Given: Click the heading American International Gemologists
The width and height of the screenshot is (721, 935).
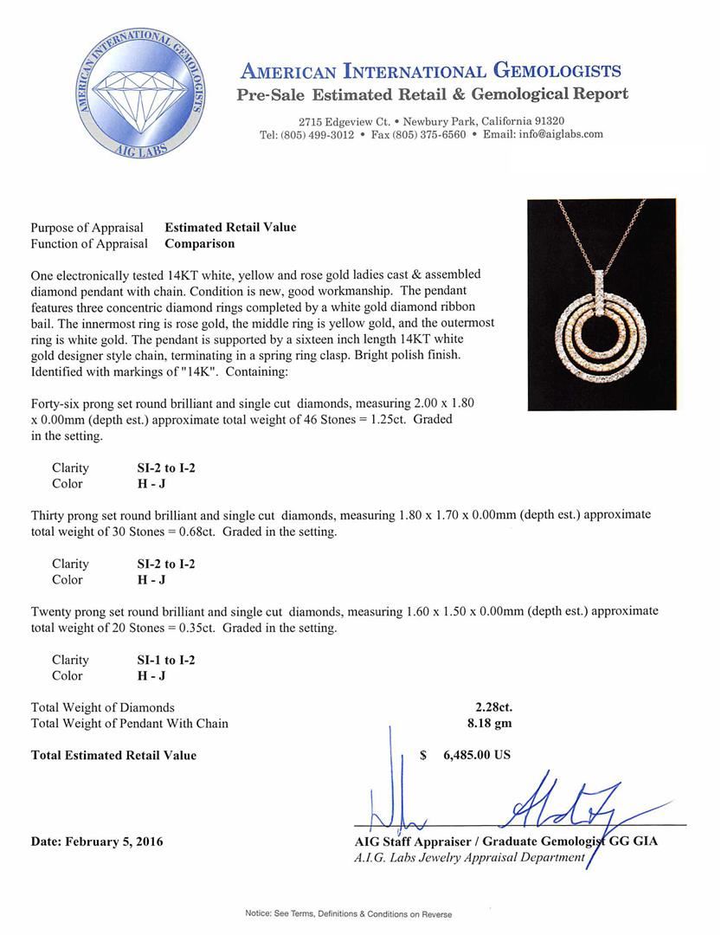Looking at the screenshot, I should click(430, 71).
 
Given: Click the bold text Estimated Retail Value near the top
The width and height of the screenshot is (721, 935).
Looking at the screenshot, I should click(230, 228).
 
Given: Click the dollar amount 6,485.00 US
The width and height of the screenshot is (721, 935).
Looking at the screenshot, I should click(476, 755).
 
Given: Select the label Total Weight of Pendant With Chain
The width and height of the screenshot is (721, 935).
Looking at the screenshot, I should click(130, 723).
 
